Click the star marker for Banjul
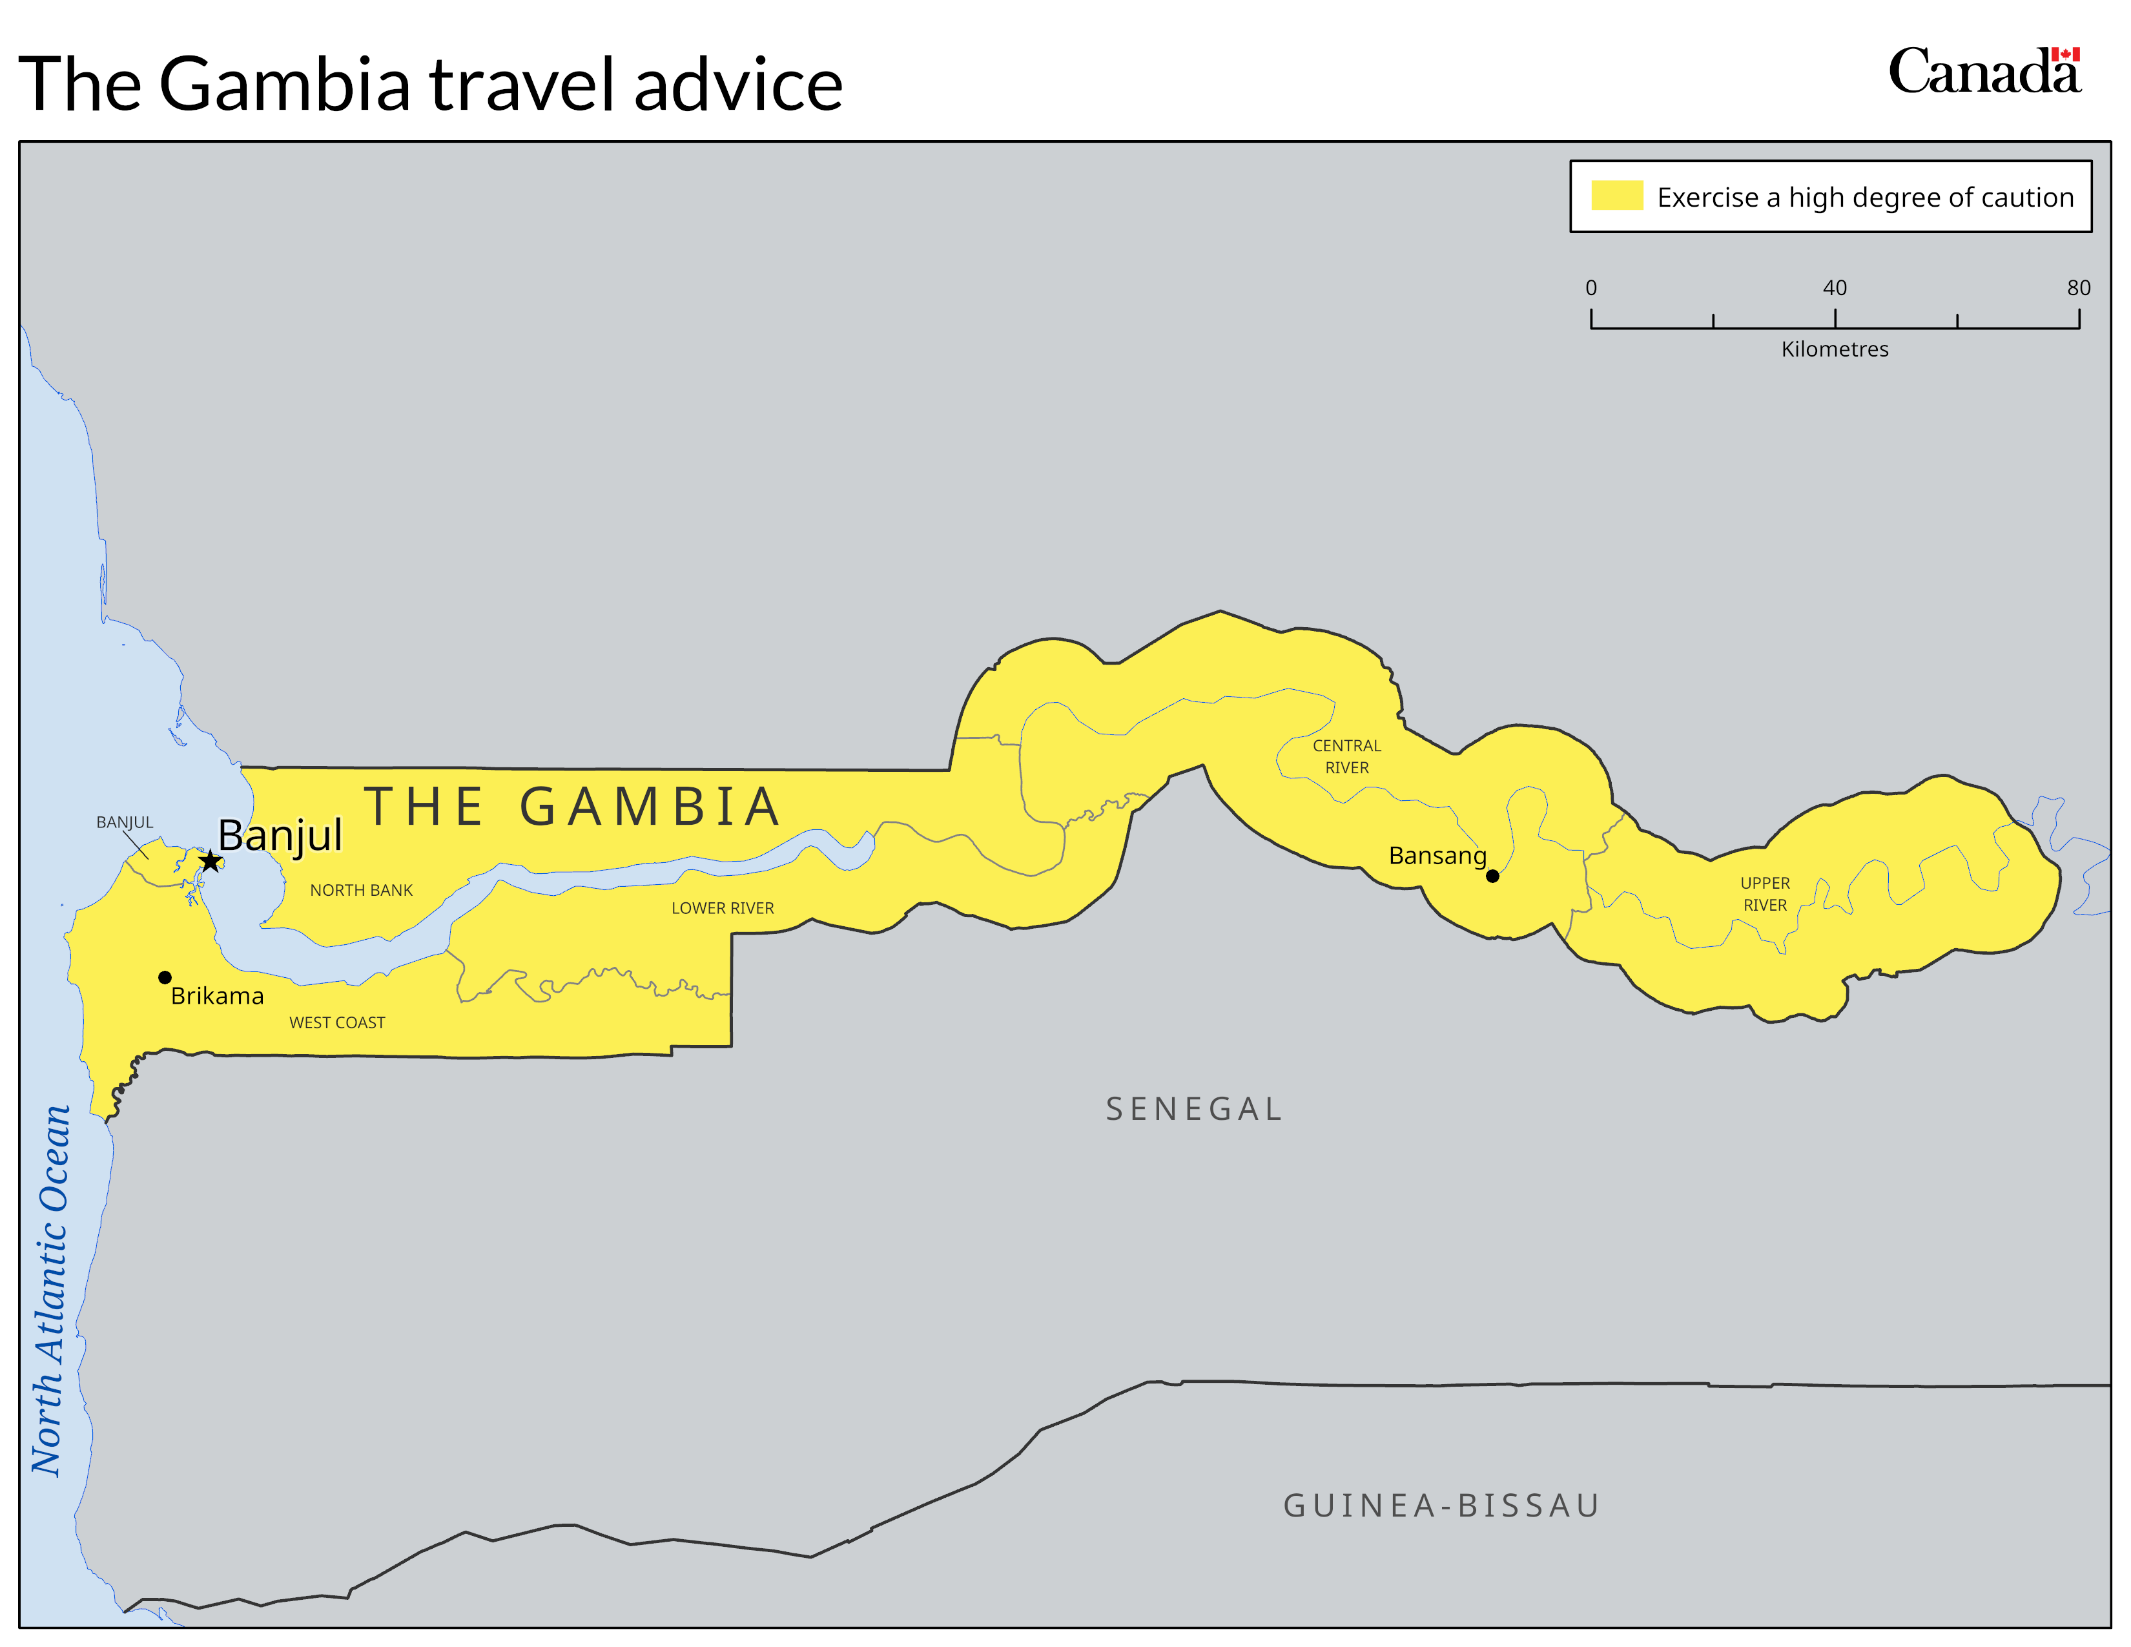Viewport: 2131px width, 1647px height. [210, 860]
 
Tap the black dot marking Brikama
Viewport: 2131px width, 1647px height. [165, 977]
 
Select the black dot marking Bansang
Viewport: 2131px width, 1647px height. [1492, 876]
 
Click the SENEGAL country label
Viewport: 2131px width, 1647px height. [1193, 1110]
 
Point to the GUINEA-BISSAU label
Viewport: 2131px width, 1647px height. [1441, 1506]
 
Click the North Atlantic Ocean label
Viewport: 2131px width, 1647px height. [51, 1290]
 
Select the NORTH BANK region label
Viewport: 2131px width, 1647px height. [361, 890]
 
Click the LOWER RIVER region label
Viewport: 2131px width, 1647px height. [722, 908]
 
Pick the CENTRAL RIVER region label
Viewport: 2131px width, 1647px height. [1346, 756]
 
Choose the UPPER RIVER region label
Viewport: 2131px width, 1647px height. [1765, 894]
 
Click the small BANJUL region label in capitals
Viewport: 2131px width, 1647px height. [125, 822]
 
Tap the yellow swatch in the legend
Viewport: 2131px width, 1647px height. [1617, 195]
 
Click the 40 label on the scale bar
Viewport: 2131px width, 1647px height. [1835, 288]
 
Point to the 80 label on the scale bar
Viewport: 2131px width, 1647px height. [2078, 288]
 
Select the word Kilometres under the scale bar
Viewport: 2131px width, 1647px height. [1835, 349]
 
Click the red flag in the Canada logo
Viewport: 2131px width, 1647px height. [2066, 55]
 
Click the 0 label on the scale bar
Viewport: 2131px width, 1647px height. [1591, 288]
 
